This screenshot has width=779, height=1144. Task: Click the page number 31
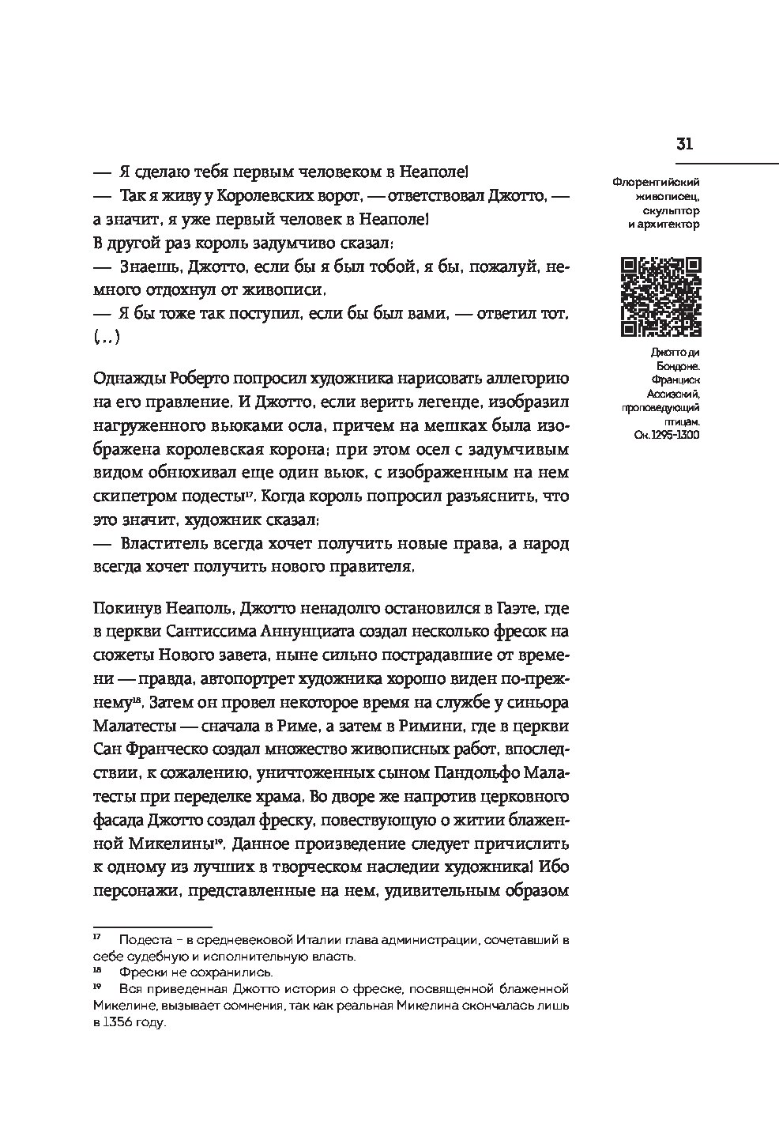pyautogui.click(x=684, y=144)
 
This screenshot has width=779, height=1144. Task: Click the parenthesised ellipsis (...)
pyautogui.click(x=106, y=338)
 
